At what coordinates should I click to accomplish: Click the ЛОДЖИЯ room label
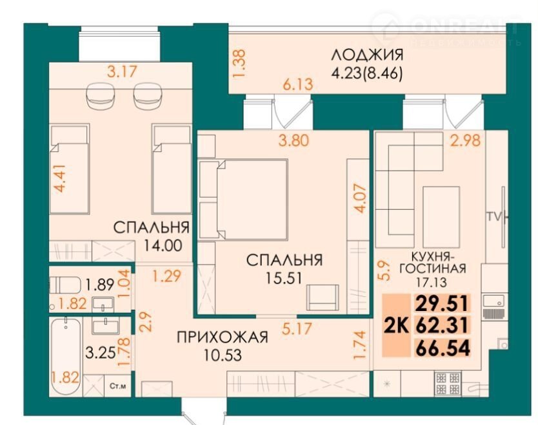click(367, 55)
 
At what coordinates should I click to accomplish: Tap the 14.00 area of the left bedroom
click(163, 245)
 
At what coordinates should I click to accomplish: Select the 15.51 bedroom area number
click(284, 278)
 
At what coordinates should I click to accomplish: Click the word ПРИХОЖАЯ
click(222, 337)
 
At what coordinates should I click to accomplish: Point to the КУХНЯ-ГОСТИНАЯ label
click(432, 262)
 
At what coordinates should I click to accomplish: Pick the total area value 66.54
click(443, 348)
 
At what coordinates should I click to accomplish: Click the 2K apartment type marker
click(396, 325)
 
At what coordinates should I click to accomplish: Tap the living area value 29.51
click(443, 303)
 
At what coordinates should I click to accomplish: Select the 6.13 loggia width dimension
click(298, 84)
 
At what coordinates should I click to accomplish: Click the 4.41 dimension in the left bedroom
click(60, 178)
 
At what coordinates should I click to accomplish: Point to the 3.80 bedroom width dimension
click(294, 140)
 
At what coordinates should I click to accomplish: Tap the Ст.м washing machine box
click(117, 386)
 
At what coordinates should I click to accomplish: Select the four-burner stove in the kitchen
click(448, 384)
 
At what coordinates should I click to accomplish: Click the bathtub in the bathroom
click(66, 357)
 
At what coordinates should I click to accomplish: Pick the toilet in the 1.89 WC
click(65, 285)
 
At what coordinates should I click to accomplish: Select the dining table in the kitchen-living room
click(441, 217)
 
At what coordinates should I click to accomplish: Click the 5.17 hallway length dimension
click(297, 328)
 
